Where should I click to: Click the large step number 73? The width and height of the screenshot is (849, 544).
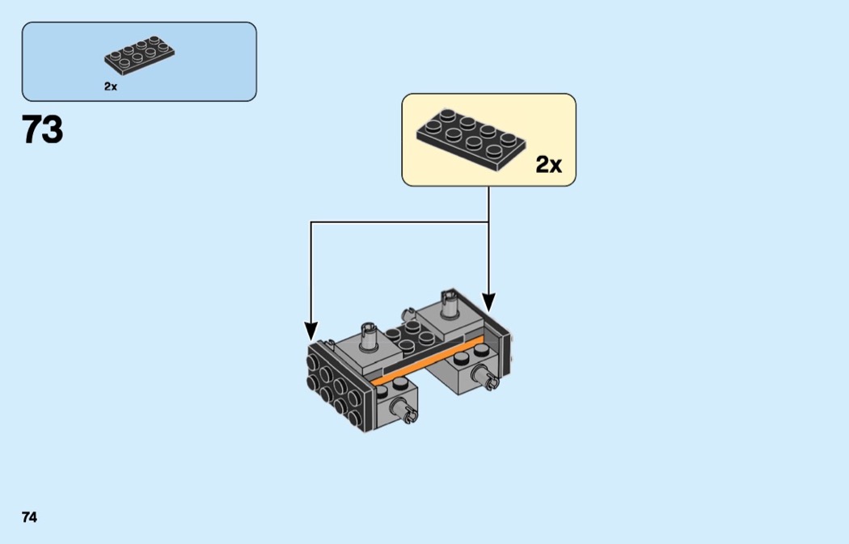point(42,129)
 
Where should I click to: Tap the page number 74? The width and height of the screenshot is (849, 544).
point(29,517)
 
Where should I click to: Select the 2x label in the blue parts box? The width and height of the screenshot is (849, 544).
point(111,86)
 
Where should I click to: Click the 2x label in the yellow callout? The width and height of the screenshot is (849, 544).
point(548,166)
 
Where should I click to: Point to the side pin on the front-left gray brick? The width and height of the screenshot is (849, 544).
point(408,415)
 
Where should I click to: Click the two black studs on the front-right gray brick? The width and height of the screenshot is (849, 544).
point(469,356)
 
